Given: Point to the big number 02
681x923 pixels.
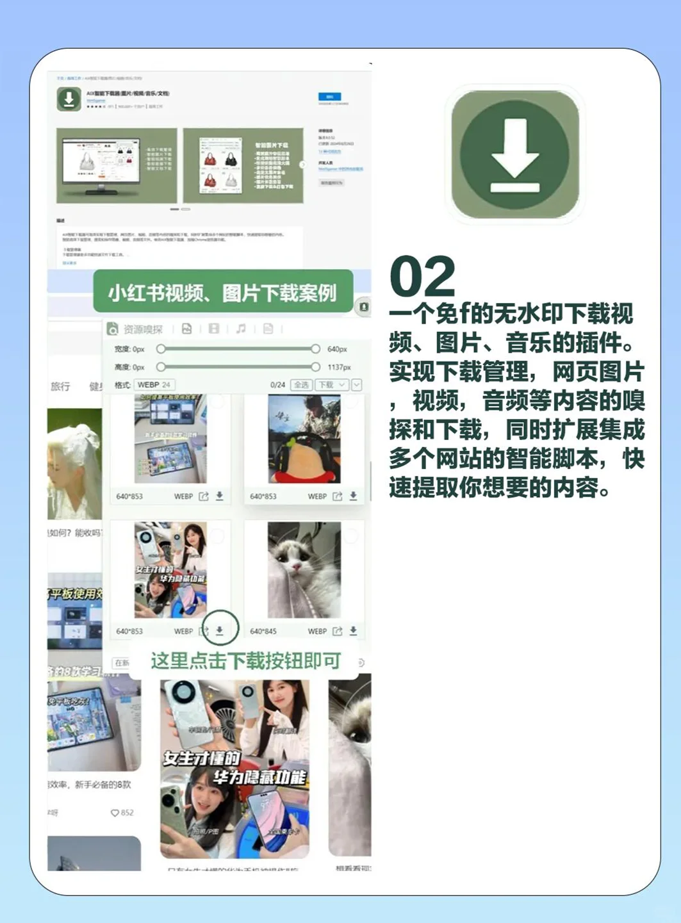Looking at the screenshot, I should [422, 277].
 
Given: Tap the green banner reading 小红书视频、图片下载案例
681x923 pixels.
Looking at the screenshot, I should [222, 293].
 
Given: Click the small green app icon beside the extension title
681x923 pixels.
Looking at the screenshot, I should [69, 99].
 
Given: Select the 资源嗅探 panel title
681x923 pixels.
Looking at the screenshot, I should [143, 329].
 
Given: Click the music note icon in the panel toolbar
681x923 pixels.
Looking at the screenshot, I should [241, 329].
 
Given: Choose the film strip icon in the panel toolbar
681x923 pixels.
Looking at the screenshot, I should [214, 329].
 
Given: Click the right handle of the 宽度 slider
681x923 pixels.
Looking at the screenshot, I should [315, 349].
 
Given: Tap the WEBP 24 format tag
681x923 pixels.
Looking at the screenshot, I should [154, 385].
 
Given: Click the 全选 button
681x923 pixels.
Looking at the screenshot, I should [301, 385].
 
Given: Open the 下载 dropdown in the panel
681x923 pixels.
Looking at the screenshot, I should [332, 385].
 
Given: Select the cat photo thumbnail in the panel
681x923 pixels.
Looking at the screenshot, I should [304, 569].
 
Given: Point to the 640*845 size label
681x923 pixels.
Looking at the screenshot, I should [263, 632].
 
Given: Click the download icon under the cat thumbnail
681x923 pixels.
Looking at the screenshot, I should [353, 631].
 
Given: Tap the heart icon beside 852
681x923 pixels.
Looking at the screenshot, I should [115, 813].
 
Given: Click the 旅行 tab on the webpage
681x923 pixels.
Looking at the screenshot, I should [60, 386].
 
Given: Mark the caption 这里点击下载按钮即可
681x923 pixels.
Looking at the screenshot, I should [245, 660].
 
